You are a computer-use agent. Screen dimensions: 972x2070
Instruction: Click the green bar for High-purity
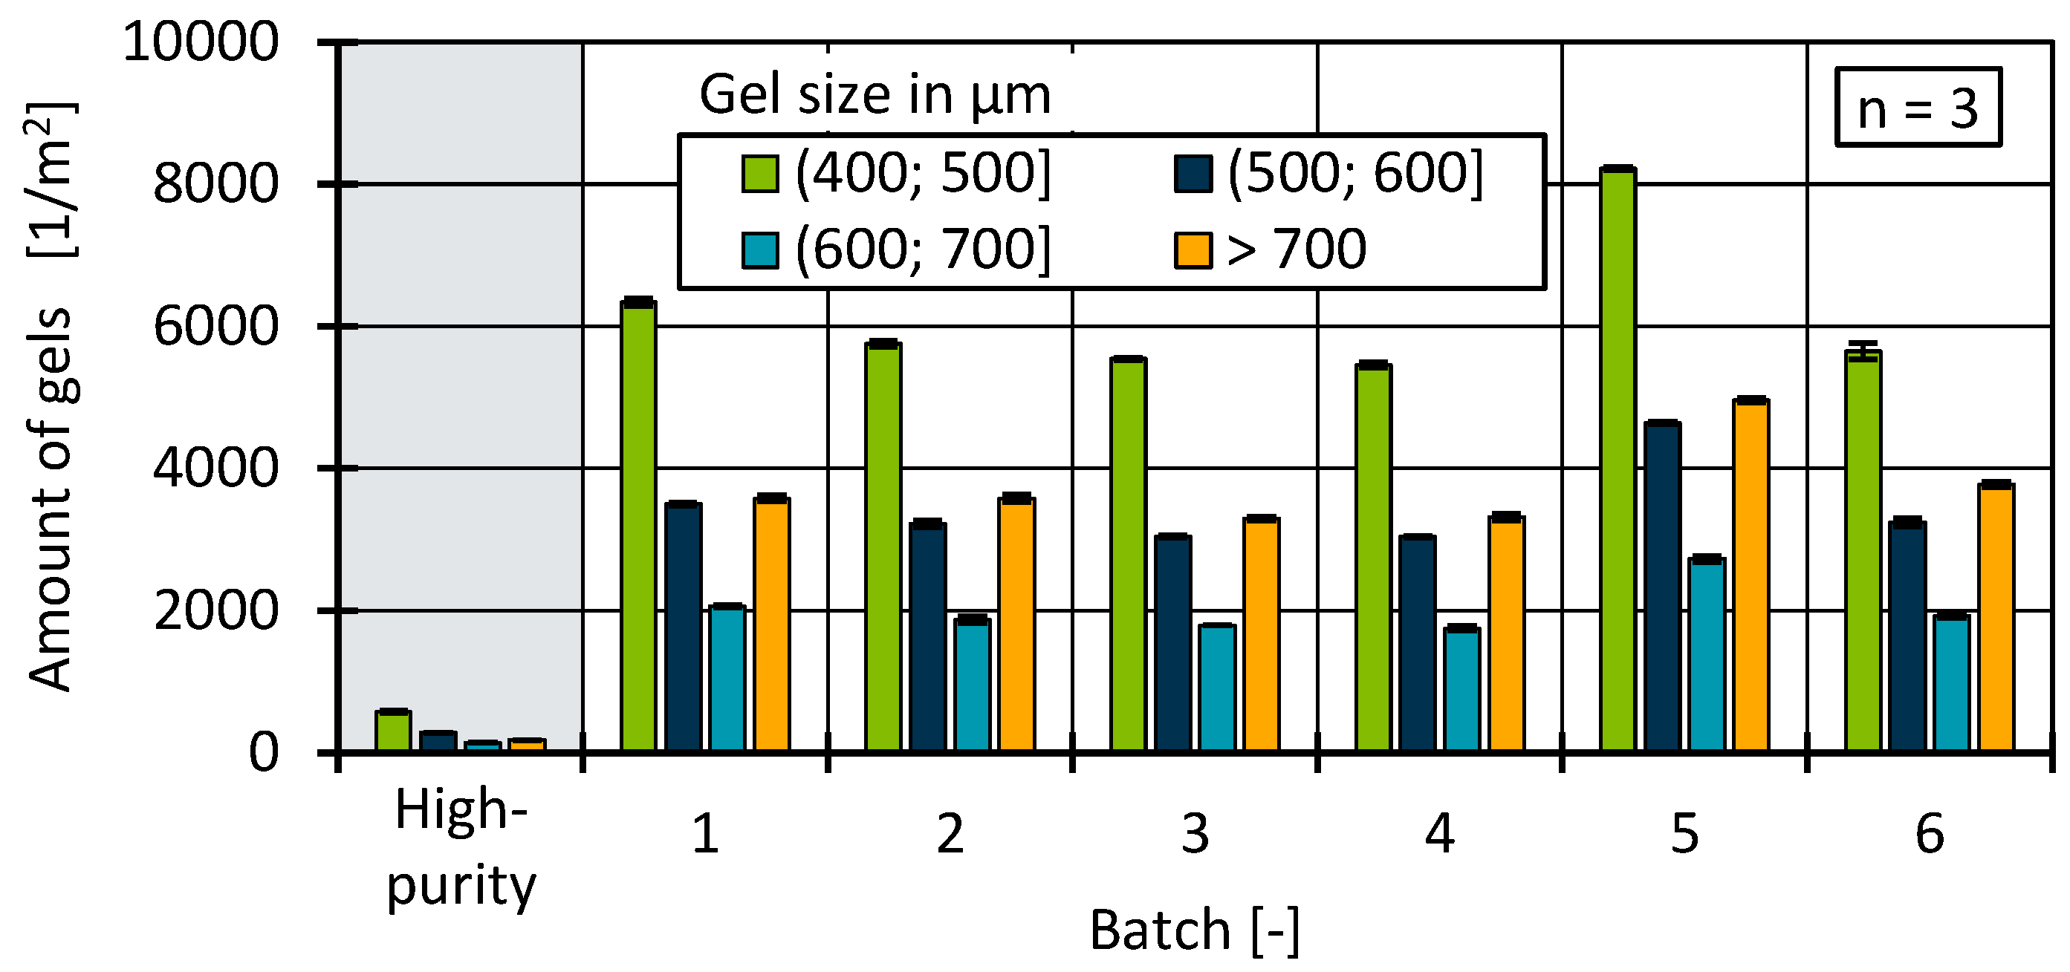[x=393, y=730]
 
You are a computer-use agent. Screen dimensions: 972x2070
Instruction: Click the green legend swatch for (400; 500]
[x=759, y=174]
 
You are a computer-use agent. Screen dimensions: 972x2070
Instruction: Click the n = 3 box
[x=1918, y=108]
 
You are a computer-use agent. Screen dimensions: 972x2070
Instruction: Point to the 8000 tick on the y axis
[x=215, y=184]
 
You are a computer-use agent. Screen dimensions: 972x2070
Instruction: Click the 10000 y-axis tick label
[x=200, y=42]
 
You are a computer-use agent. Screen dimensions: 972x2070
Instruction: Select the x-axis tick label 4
[x=1439, y=834]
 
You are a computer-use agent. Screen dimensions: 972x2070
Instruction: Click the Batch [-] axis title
[x=1194, y=930]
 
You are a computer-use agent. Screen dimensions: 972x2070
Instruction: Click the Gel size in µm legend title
[x=875, y=96]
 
